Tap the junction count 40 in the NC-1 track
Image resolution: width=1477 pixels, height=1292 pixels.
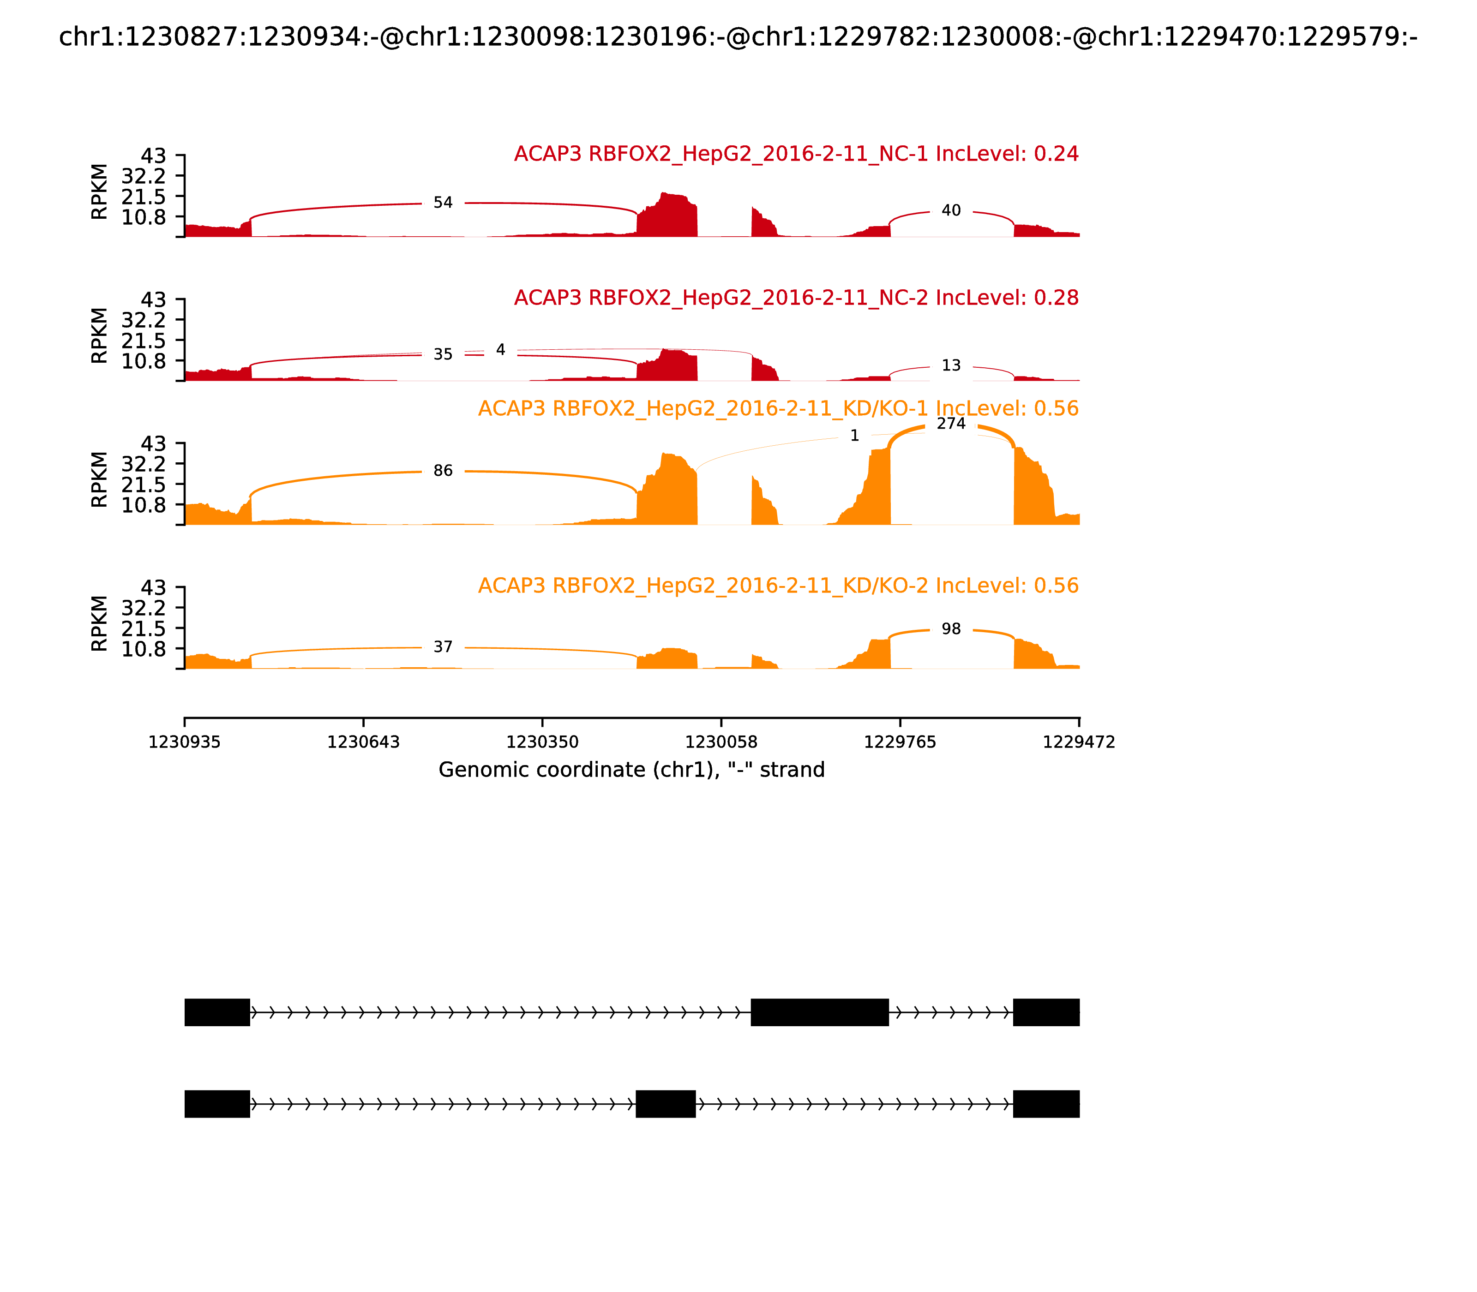point(951,210)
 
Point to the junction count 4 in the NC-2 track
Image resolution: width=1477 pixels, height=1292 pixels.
point(500,350)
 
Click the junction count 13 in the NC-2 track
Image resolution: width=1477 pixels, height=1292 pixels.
point(951,365)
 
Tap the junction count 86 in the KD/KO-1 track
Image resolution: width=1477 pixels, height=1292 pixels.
point(443,471)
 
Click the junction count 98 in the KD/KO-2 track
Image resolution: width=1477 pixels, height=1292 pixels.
point(951,628)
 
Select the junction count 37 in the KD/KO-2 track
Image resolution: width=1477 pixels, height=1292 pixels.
point(443,647)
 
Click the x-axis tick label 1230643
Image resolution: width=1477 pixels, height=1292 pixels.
point(364,742)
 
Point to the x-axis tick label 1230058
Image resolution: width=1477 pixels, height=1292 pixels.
point(721,742)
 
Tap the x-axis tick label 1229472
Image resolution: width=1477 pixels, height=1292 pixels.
point(1079,742)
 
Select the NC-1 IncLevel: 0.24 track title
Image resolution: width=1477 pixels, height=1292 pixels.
point(796,154)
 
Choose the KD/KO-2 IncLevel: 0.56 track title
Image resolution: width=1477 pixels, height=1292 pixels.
point(778,586)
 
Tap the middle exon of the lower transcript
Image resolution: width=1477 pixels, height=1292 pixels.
point(666,1104)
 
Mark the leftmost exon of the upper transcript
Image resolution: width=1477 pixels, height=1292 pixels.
point(217,1012)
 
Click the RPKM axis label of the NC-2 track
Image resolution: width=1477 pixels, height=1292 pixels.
point(100,335)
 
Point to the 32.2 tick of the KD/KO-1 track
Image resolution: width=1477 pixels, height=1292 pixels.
point(144,464)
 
